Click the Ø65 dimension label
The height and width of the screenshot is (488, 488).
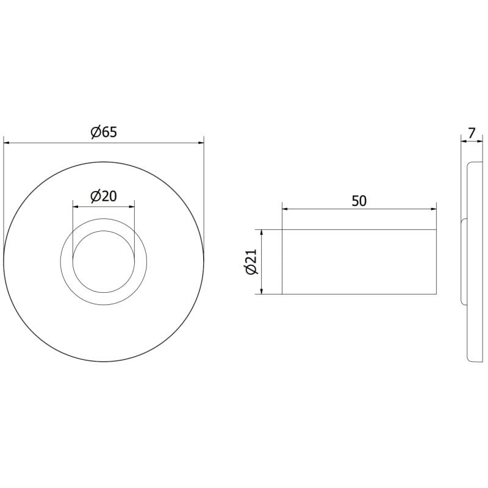(104, 132)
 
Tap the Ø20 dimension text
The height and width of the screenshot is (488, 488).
(103, 196)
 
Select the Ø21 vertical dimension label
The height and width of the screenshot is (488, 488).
(252, 262)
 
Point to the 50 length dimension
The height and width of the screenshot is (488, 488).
(359, 201)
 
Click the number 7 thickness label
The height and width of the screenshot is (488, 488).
(472, 133)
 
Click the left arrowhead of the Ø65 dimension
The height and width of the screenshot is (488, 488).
(7, 143)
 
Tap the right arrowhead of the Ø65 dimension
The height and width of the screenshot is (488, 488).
(201, 143)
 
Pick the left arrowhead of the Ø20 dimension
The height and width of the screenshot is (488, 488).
(76, 206)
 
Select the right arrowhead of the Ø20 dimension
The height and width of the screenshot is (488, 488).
(131, 206)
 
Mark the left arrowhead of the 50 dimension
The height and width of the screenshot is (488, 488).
(285, 209)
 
